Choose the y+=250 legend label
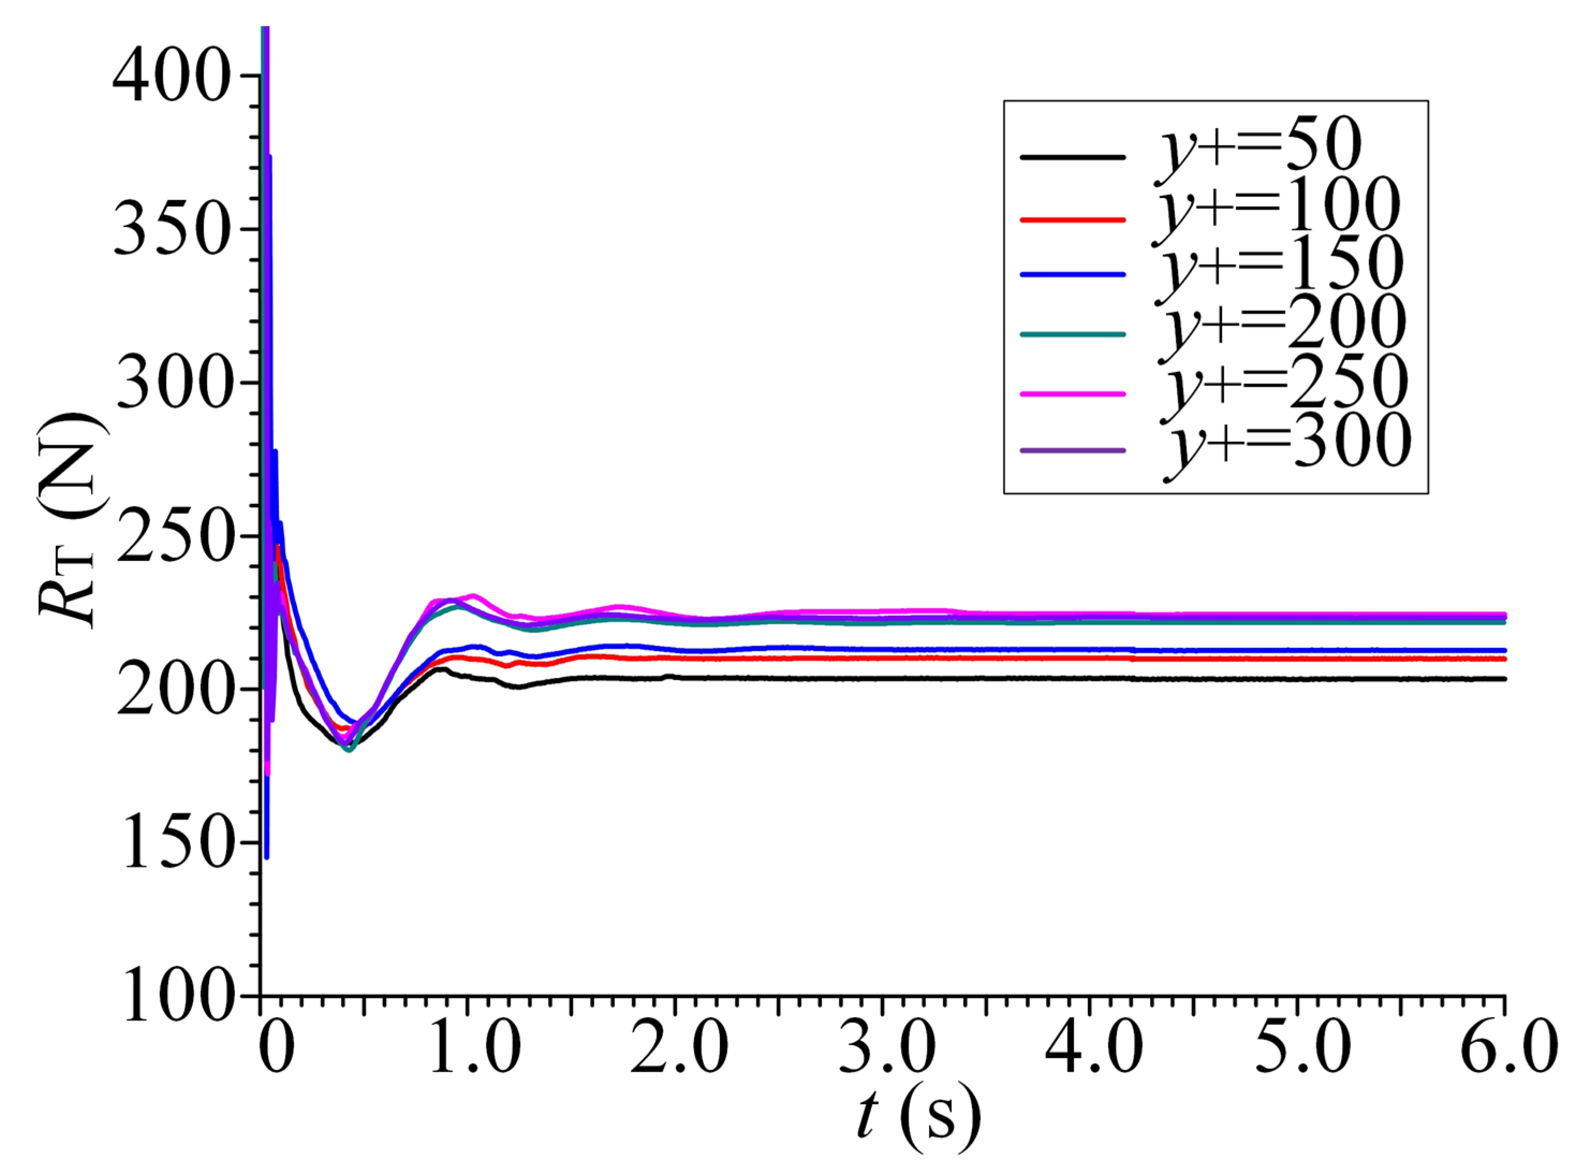pyautogui.click(x=1284, y=383)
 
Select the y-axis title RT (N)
pyautogui.click(x=71, y=520)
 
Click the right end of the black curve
pyautogui.click(x=1503, y=679)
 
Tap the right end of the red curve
pyautogui.click(x=1503, y=659)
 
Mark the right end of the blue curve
pyautogui.click(x=1503, y=649)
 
